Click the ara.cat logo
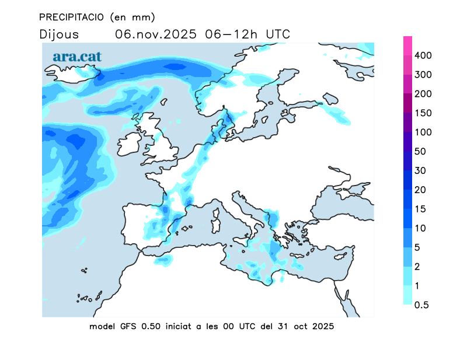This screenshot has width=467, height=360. click(x=77, y=57)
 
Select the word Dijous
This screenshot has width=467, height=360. click(x=59, y=34)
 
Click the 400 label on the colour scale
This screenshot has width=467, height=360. click(x=422, y=55)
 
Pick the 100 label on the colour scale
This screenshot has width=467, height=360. click(x=422, y=132)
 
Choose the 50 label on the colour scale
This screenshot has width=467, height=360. click(x=420, y=152)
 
